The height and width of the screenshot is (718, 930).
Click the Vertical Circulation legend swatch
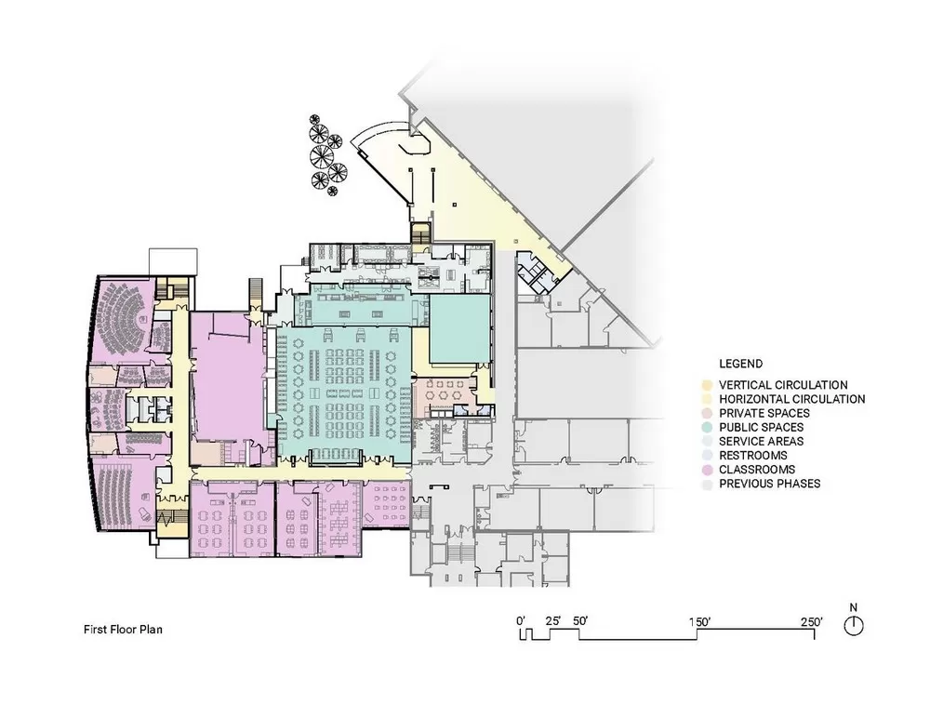click(707, 385)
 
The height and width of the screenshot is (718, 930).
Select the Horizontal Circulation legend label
click(791, 399)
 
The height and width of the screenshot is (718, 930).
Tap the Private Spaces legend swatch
click(707, 414)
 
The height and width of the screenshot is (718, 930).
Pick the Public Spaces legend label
click(761, 427)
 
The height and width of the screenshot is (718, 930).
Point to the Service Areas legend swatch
click(707, 442)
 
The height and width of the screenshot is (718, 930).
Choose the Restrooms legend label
click(753, 456)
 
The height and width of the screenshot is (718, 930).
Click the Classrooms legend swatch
click(707, 470)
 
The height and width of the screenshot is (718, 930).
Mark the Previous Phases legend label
click(770, 484)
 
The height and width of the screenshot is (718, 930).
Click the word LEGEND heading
click(741, 364)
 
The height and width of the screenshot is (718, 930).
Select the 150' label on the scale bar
click(700, 622)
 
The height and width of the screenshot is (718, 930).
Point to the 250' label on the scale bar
click(811, 622)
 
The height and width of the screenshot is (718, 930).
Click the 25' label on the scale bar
click(553, 621)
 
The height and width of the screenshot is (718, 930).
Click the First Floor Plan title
click(123, 630)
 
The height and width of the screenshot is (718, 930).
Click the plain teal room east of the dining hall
click(459, 330)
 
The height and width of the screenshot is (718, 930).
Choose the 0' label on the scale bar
click(521, 621)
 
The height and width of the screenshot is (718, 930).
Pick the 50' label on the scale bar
click(580, 621)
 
